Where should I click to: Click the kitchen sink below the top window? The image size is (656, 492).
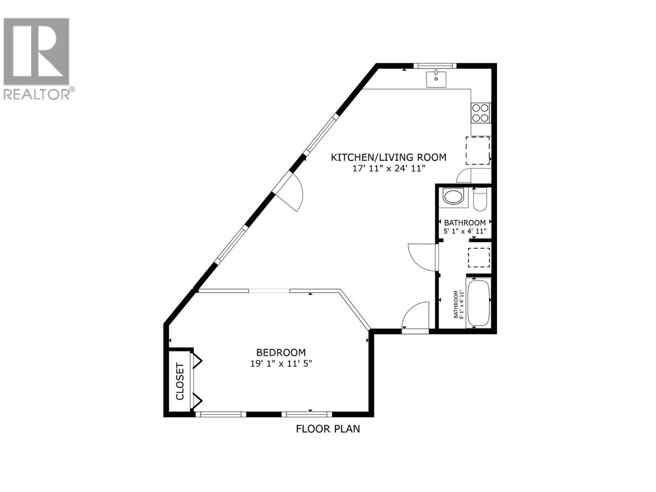click(436, 79)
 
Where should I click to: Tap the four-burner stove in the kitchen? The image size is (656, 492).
click(480, 113)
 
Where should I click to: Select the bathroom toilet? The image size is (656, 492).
click(479, 200)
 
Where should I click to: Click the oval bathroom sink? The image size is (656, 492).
click(453, 196)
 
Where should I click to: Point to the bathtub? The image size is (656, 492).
click(478, 303)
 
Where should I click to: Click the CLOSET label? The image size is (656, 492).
click(180, 381)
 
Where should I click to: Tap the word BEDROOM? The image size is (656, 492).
click(281, 352)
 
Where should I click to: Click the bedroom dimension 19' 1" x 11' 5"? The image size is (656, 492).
click(281, 363)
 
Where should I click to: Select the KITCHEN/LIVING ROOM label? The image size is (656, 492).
click(388, 157)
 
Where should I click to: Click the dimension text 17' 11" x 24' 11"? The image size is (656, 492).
click(389, 169)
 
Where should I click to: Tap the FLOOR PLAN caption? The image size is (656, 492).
click(328, 429)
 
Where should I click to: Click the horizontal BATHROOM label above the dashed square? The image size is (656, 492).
click(465, 223)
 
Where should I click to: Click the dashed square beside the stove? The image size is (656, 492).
click(478, 150)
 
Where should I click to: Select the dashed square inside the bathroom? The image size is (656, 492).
click(479, 258)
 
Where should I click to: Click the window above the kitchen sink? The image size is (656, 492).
click(435, 66)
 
